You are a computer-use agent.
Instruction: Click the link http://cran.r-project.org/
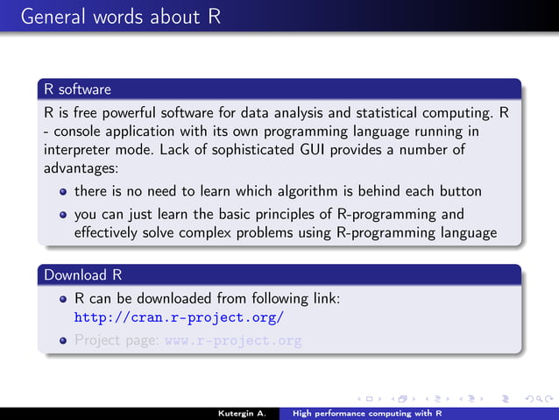click(179, 317)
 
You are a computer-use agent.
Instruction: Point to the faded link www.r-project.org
click(233, 341)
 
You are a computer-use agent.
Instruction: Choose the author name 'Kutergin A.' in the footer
click(243, 411)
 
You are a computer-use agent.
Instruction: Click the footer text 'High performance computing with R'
click(367, 411)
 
